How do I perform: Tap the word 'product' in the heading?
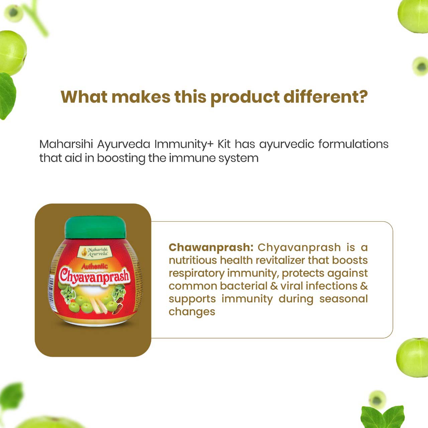[x=245, y=97]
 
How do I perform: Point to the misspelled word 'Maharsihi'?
[x=66, y=144]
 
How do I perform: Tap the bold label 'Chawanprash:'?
[x=211, y=247]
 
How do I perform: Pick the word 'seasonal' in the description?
[x=343, y=299]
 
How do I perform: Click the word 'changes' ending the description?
[x=192, y=312]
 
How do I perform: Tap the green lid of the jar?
[x=95, y=227]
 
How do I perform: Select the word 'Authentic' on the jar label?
[x=95, y=266]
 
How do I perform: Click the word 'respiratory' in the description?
[x=196, y=273]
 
